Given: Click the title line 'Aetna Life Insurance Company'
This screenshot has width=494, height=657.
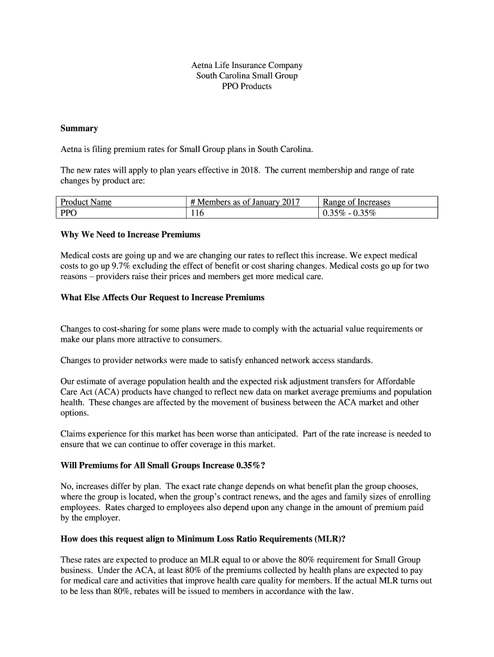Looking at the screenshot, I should click(x=247, y=65).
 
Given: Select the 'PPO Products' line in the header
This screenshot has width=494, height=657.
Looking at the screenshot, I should click(x=247, y=86).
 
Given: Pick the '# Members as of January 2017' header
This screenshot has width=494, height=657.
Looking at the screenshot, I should click(x=245, y=202).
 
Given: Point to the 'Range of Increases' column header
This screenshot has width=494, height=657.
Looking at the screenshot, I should click(x=356, y=202).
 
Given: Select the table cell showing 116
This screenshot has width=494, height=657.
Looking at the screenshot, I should click(x=196, y=212).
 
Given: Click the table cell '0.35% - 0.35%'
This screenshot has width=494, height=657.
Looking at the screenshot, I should click(x=349, y=212).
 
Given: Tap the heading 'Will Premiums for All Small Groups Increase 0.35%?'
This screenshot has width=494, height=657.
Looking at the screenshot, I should click(x=162, y=466).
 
